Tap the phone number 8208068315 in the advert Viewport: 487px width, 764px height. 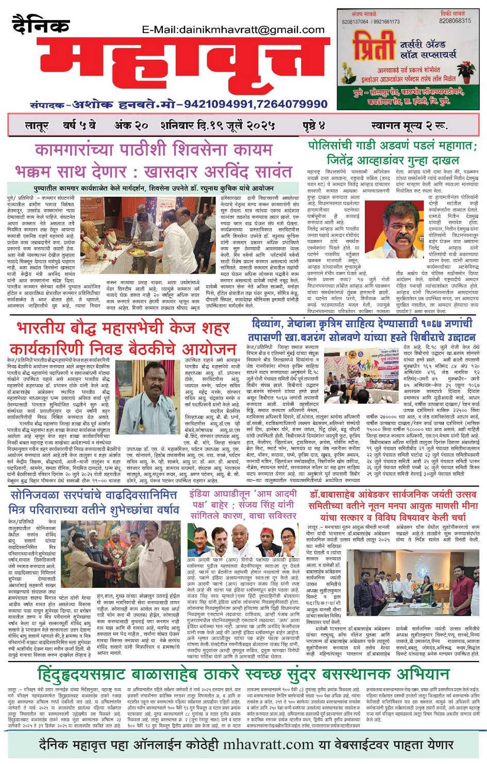pyautogui.click(x=455, y=21)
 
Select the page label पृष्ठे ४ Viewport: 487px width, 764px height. pyautogui.click(x=314, y=125)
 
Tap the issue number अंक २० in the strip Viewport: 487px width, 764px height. pyautogui.click(x=131, y=125)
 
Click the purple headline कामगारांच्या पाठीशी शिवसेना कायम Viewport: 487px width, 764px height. pyautogui.click(x=154, y=150)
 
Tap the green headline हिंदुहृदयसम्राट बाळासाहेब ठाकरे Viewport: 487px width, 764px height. pyautogui.click(x=243, y=674)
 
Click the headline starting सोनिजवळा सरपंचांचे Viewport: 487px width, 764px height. pyautogui.click(x=93, y=495)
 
